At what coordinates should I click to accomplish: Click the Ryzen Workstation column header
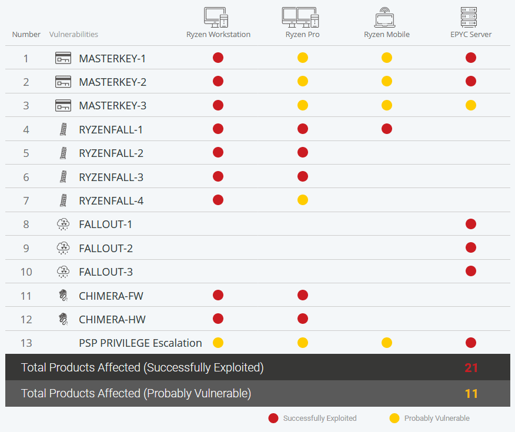click(218, 34)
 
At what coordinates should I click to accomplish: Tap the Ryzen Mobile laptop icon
click(386, 18)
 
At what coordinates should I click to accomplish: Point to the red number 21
click(471, 368)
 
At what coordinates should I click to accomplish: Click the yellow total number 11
click(471, 394)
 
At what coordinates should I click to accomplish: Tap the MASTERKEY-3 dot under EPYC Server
click(471, 105)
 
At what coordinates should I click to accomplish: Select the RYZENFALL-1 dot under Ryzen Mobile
click(386, 129)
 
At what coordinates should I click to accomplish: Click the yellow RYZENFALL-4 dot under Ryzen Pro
click(302, 200)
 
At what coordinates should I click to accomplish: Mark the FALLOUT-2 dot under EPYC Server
click(471, 248)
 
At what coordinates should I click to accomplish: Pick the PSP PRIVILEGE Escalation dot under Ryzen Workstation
click(218, 343)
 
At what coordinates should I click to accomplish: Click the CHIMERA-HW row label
click(112, 320)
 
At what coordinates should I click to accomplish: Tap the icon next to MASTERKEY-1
click(63, 58)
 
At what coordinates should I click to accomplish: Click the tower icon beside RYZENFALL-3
click(63, 177)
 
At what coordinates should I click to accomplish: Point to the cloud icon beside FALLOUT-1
click(63, 225)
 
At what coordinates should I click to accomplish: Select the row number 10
click(26, 272)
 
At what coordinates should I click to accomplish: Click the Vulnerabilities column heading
click(73, 35)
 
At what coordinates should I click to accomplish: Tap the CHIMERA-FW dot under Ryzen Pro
click(302, 295)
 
